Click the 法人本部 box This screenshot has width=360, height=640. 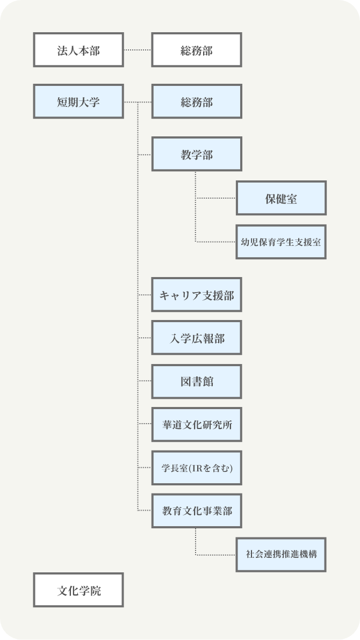pyautogui.click(x=78, y=50)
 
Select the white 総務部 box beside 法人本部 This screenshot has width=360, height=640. pyautogui.click(x=197, y=50)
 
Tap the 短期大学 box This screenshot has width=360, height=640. pyautogui.click(x=78, y=101)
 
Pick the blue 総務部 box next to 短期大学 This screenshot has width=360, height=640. pyautogui.click(x=197, y=101)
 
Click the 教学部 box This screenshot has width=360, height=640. pyautogui.click(x=197, y=155)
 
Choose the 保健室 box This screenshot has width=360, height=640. pyautogui.click(x=281, y=199)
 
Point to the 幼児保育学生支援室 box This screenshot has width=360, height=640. pyautogui.click(x=281, y=242)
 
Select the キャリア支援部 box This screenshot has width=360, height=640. pyautogui.click(x=197, y=295)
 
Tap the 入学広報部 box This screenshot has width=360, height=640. pyautogui.click(x=197, y=338)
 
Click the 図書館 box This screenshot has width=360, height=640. pyautogui.click(x=197, y=381)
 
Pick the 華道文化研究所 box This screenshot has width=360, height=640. pyautogui.click(x=197, y=424)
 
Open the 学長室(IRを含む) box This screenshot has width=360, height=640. pyautogui.click(x=197, y=467)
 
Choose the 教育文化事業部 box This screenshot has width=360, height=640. pyautogui.click(x=197, y=511)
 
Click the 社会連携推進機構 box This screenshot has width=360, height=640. pyautogui.click(x=281, y=554)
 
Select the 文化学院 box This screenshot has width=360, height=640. pyautogui.click(x=78, y=590)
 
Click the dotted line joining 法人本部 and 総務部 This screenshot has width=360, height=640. pyautogui.click(x=138, y=50)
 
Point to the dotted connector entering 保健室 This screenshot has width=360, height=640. pyautogui.click(x=216, y=199)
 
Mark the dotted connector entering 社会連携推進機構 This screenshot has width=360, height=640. pyautogui.click(x=216, y=554)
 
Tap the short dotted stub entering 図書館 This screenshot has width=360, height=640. pyautogui.click(x=145, y=381)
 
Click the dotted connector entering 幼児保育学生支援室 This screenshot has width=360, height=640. pyautogui.click(x=216, y=242)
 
